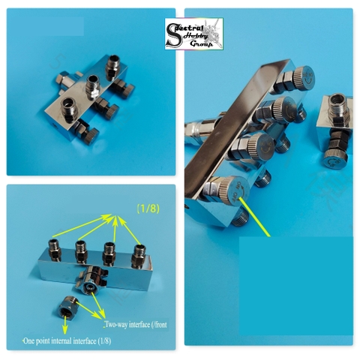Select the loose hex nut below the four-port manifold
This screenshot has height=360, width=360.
[70, 307]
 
